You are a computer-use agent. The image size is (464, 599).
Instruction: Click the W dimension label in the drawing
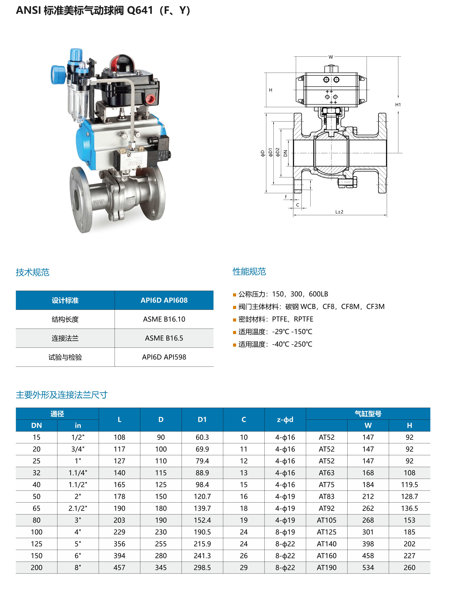click(331, 57)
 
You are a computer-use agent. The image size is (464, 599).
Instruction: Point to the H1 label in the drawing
click(398, 104)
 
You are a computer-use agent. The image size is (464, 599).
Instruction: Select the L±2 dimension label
click(339, 212)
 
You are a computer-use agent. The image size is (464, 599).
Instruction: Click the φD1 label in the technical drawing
click(270, 152)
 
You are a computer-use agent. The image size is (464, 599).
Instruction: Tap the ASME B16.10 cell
click(164, 319)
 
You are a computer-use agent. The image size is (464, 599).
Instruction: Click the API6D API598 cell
click(164, 357)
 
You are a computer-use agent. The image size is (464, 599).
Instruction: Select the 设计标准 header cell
click(65, 300)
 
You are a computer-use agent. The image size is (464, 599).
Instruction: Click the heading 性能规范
click(249, 272)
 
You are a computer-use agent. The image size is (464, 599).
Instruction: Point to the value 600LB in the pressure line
click(318, 294)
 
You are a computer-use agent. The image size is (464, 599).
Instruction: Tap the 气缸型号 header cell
click(368, 414)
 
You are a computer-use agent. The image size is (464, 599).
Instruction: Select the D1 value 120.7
click(202, 496)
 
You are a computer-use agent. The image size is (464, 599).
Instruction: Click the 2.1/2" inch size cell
click(78, 508)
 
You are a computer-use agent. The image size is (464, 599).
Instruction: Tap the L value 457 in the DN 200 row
click(119, 568)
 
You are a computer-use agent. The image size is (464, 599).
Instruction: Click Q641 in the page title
click(140, 10)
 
